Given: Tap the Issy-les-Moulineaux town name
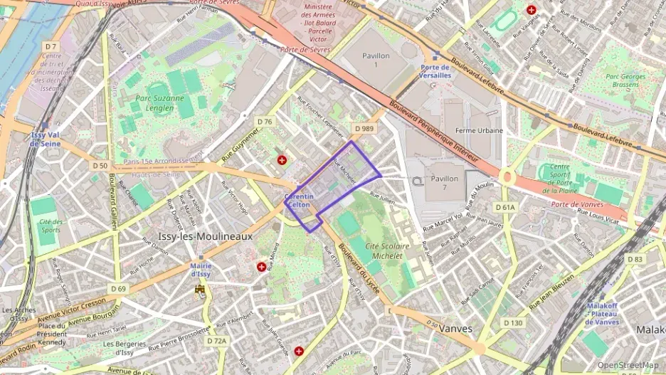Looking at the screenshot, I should (x=205, y=236).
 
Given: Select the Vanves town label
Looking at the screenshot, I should (x=455, y=328).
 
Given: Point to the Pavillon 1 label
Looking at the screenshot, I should (x=376, y=60).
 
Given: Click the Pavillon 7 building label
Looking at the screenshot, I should (x=444, y=183).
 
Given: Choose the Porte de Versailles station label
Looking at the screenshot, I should (x=431, y=71).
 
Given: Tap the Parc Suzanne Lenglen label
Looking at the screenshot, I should (x=154, y=102).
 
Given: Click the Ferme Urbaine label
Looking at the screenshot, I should (x=479, y=130).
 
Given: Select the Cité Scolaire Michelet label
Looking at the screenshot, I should (x=387, y=250).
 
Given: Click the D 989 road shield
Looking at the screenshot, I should (x=364, y=129).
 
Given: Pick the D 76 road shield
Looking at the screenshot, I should (x=264, y=122).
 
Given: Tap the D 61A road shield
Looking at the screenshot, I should (x=504, y=207).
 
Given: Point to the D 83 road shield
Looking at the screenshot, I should (x=635, y=259).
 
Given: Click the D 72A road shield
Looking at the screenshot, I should (x=217, y=341).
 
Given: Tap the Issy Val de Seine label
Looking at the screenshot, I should (x=45, y=139).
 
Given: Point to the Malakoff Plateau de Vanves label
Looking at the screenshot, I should (x=602, y=313).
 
